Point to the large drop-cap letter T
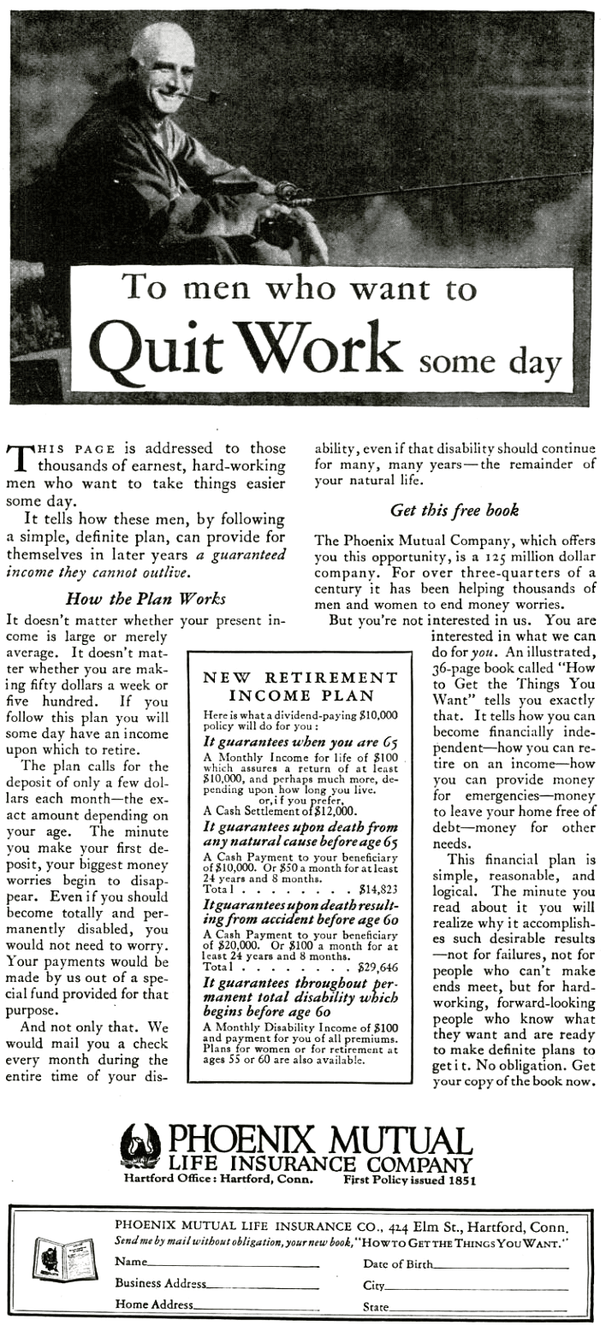pos(19,457)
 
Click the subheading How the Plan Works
pos(146,598)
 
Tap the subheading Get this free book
pos(454,511)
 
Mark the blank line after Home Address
pos(257,1309)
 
